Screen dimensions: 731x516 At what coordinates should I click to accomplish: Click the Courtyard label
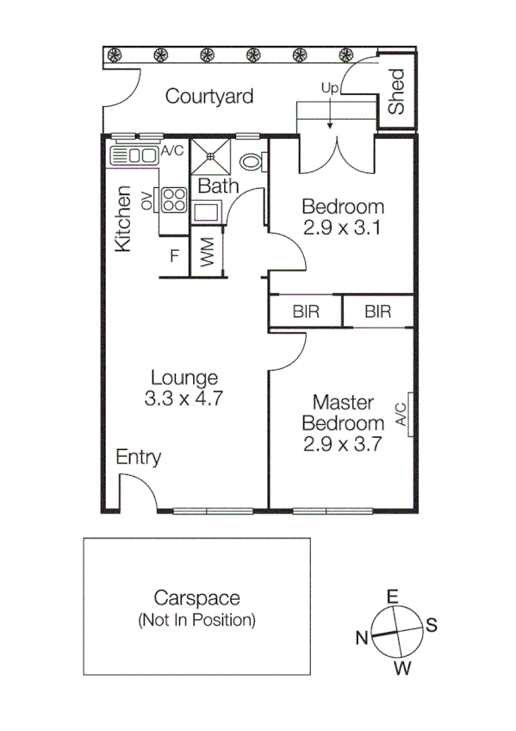pyautogui.click(x=209, y=96)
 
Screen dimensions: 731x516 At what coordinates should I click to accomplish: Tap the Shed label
pyautogui.click(x=396, y=91)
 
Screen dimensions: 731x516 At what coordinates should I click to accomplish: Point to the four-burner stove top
pyautogui.click(x=174, y=200)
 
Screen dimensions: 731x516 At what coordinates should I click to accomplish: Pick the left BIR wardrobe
pyautogui.click(x=306, y=312)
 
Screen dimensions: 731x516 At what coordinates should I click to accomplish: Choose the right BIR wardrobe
pyautogui.click(x=378, y=312)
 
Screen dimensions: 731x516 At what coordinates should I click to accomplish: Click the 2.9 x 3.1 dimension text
pyautogui.click(x=342, y=228)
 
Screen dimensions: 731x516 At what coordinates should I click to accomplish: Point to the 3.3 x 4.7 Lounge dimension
pyautogui.click(x=184, y=399)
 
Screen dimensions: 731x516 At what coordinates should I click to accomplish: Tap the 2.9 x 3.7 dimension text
pyautogui.click(x=342, y=446)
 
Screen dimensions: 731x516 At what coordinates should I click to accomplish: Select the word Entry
pyautogui.click(x=138, y=458)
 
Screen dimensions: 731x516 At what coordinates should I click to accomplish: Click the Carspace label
pyautogui.click(x=196, y=598)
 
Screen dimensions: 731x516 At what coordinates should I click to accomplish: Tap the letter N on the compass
pyautogui.click(x=363, y=638)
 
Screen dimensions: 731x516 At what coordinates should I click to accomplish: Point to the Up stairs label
pyautogui.click(x=329, y=88)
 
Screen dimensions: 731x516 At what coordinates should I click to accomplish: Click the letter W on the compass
pyautogui.click(x=401, y=668)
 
